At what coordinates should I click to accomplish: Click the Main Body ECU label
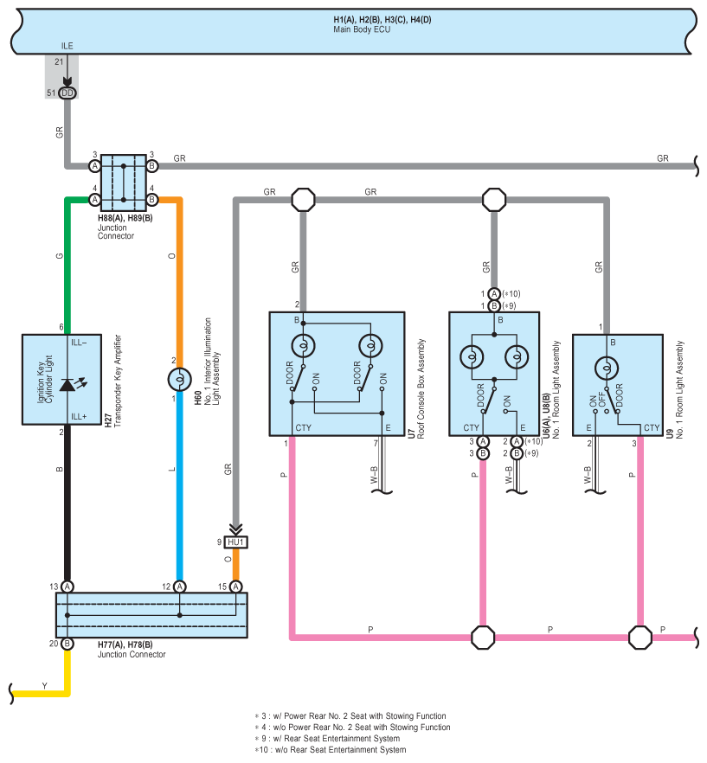pyautogui.click(x=362, y=29)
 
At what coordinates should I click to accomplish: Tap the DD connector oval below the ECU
pyautogui.click(x=67, y=93)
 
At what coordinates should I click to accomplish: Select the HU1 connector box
pyautogui.click(x=236, y=542)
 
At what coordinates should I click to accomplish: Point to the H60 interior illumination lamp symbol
pyautogui.click(x=179, y=380)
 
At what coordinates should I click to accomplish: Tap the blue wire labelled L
pyautogui.click(x=179, y=486)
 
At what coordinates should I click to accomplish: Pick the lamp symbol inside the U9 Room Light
pyautogui.click(x=607, y=368)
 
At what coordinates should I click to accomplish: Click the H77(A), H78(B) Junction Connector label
pyautogui.click(x=132, y=650)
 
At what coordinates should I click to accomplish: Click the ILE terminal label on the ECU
pyautogui.click(x=67, y=46)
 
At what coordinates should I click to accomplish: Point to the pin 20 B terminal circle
pyautogui.click(x=67, y=644)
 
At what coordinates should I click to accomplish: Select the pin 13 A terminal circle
pyautogui.click(x=67, y=587)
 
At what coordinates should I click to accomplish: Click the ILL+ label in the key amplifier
pyautogui.click(x=79, y=417)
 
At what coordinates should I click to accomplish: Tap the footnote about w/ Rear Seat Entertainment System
pyautogui.click(x=327, y=738)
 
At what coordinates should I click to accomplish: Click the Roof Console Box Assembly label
pyautogui.click(x=421, y=388)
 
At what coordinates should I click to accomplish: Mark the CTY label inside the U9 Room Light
pyautogui.click(x=652, y=427)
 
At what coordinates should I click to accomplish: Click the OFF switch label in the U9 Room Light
pyautogui.click(x=601, y=400)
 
